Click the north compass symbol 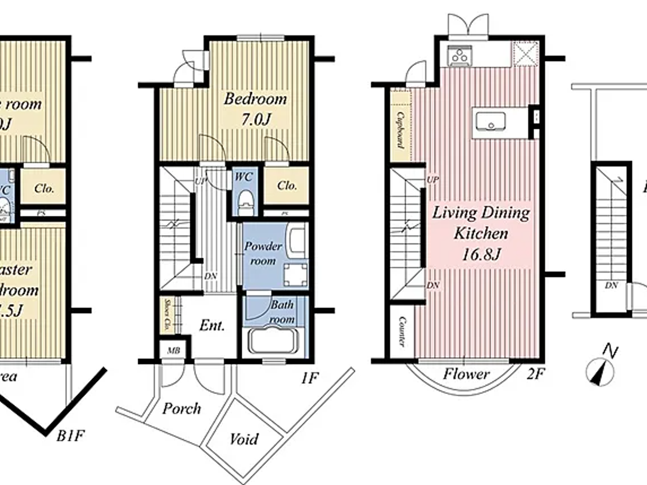(600, 371)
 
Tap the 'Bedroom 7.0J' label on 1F (255, 109)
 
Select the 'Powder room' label (263, 253)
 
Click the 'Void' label (244, 438)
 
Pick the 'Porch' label (182, 408)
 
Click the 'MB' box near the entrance (173, 351)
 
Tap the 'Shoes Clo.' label (167, 314)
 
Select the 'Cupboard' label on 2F (400, 131)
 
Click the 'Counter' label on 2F (402, 331)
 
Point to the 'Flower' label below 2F (466, 374)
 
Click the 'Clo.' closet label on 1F (287, 186)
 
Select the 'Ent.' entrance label (212, 326)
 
